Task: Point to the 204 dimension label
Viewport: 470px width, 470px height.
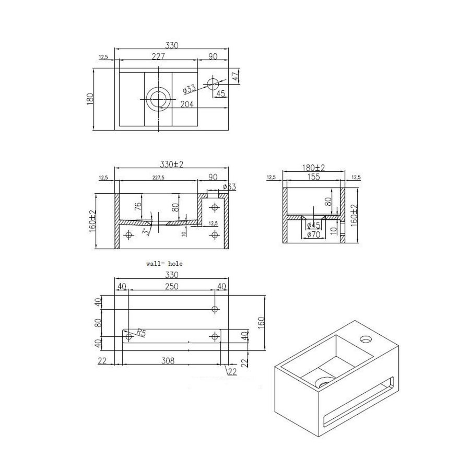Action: click(187, 104)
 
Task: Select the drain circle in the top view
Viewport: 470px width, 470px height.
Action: click(157, 98)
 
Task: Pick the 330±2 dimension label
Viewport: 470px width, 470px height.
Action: click(172, 164)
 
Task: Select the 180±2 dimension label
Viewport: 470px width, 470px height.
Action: click(313, 168)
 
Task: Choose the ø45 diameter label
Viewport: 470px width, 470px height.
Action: click(313, 225)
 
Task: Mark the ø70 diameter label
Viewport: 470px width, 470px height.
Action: click(313, 234)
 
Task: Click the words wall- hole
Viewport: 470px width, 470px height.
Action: click(164, 264)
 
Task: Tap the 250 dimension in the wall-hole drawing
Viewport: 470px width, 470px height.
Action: click(172, 286)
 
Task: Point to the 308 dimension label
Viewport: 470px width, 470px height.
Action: click(167, 360)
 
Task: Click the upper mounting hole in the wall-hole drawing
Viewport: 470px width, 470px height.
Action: click(214, 310)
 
